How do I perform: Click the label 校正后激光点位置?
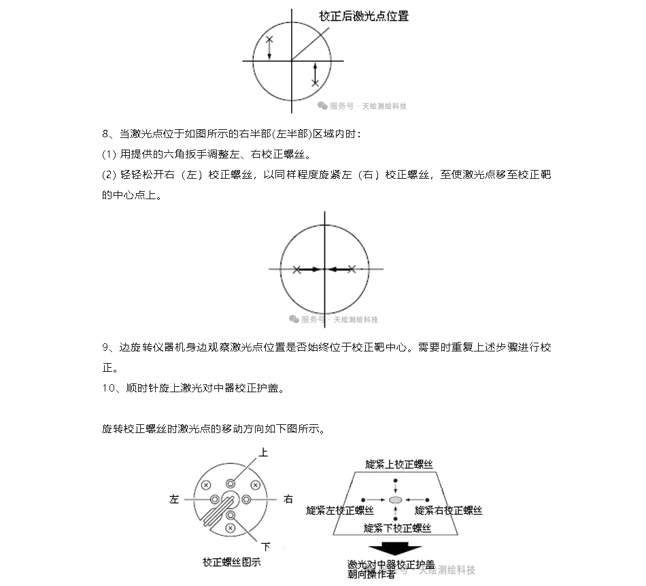coord(364,16)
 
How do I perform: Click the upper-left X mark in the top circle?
coord(269,40)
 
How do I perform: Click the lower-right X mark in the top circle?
coord(315,82)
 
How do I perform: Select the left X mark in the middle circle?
coord(296,269)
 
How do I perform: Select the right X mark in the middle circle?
coord(352,269)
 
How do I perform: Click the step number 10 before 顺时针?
coord(109,388)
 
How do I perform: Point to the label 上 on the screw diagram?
coord(264,452)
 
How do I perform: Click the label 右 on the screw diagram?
coord(288,499)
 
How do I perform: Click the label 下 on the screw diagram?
coord(266,546)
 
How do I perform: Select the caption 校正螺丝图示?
coord(231,562)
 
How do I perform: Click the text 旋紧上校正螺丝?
coord(398,464)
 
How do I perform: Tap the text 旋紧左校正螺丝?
coord(340,510)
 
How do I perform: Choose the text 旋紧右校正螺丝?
coord(449,510)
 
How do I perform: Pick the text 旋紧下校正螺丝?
coord(397,528)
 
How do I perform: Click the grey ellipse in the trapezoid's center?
coord(396,500)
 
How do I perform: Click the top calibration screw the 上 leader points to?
coord(231,483)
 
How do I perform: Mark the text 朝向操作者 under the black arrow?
coord(371,575)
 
